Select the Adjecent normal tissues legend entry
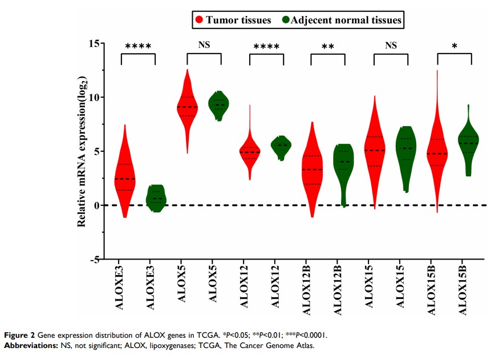coord(342,21)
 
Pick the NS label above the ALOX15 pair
coord(391,45)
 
